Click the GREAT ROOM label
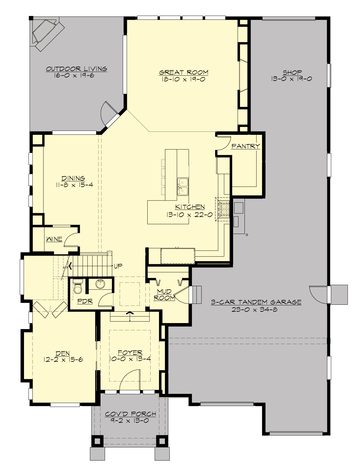click(183, 72)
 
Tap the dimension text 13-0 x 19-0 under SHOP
click(292, 79)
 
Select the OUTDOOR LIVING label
click(76, 69)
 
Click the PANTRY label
click(245, 146)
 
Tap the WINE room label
click(54, 239)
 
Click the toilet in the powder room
click(78, 287)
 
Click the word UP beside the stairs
click(118, 266)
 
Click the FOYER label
click(130, 352)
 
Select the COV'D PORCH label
click(130, 414)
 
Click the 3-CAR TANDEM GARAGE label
click(256, 302)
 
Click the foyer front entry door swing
click(130, 380)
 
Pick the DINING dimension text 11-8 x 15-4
click(74, 185)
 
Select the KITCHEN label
click(190, 207)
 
